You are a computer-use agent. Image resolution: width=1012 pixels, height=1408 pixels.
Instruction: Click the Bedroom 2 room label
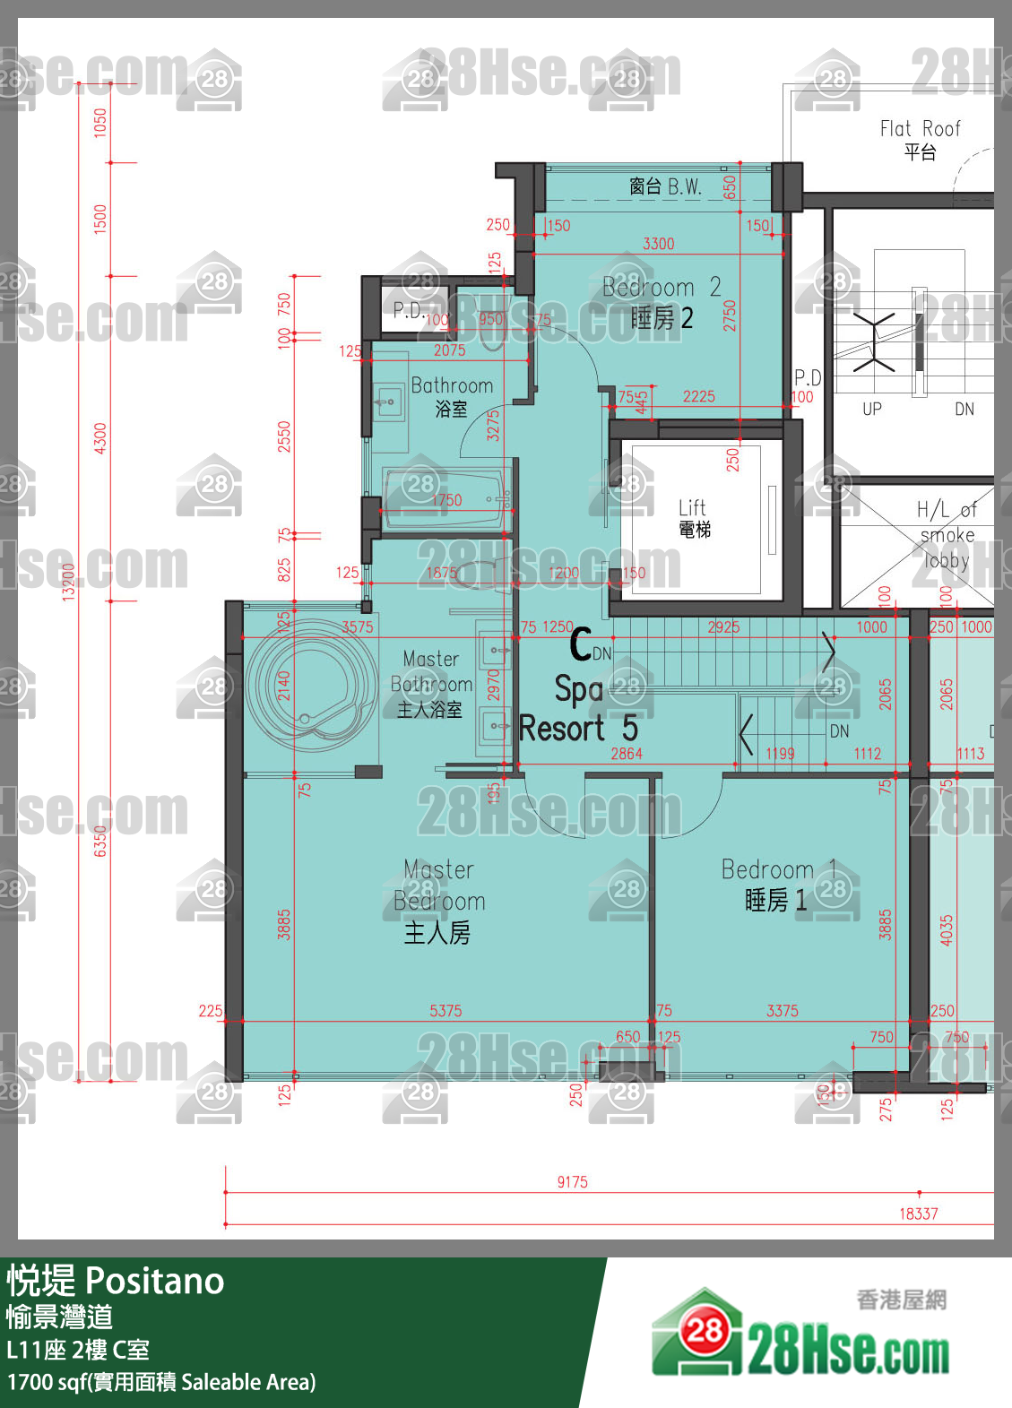pos(661,302)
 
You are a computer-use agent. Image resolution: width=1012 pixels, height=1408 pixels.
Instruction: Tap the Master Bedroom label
pos(438,900)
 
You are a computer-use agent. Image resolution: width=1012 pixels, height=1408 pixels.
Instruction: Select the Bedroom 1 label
pos(776,884)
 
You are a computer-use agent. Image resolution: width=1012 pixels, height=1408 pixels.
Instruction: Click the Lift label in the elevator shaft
pos(693,517)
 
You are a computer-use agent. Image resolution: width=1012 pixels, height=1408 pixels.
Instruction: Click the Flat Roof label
pos(920,139)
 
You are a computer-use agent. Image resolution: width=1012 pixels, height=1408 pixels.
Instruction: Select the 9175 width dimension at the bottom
pos(572,1182)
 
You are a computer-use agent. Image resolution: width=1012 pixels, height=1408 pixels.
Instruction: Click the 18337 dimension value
pos(918,1214)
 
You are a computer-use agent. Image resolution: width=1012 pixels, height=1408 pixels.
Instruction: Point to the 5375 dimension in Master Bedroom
pos(445,1010)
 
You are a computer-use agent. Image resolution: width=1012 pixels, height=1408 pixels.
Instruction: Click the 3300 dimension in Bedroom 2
pos(658,244)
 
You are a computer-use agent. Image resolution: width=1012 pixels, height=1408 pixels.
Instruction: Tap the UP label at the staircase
pos(871,410)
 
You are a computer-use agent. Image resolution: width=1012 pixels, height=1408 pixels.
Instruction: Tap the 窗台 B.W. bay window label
pos(664,186)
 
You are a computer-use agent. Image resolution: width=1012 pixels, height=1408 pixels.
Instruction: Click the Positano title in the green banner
pos(154,1281)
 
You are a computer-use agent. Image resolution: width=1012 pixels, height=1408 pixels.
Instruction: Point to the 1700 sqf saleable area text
pos(161,1382)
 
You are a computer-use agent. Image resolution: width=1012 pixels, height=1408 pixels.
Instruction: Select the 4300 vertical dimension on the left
pos(100,438)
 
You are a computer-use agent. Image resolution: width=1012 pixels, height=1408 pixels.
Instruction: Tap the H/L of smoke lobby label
pos(947,535)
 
